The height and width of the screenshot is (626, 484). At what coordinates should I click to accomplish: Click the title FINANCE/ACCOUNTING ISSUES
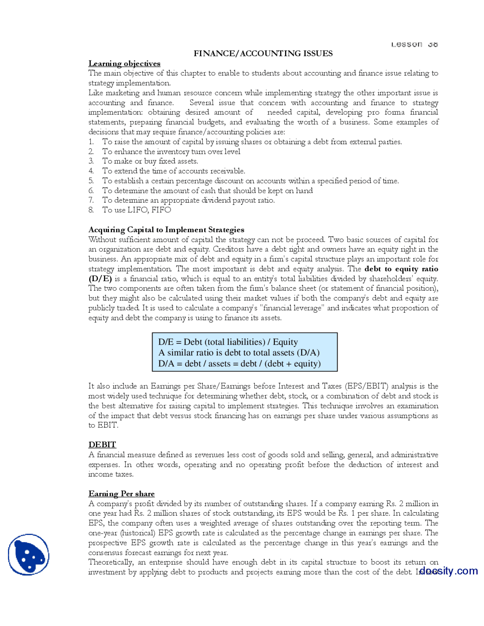pyautogui.click(x=263, y=53)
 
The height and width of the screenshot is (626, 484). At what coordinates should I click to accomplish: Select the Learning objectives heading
pyautogui.click(x=124, y=64)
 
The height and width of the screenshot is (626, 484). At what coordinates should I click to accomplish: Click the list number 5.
pyautogui.click(x=91, y=181)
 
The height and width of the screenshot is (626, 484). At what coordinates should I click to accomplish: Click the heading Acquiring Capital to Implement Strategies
pyautogui.click(x=166, y=230)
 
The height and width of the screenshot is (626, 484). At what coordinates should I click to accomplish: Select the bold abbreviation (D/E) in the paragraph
pyautogui.click(x=100, y=279)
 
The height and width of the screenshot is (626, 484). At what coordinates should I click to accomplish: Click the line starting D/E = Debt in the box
pyautogui.click(x=228, y=342)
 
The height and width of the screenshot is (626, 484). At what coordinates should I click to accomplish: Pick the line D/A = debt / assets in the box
pyautogui.click(x=239, y=364)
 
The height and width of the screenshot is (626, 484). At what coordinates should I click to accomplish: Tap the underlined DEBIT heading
pyautogui.click(x=102, y=445)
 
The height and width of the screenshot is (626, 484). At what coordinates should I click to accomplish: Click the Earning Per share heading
pyautogui.click(x=121, y=494)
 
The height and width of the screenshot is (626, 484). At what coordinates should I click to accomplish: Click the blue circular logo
pyautogui.click(x=29, y=555)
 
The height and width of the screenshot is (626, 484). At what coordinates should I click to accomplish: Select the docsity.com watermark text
pyautogui.click(x=448, y=570)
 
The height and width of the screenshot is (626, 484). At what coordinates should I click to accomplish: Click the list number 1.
pyautogui.click(x=91, y=142)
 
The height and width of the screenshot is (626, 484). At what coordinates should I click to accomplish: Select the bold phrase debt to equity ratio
pyautogui.click(x=401, y=269)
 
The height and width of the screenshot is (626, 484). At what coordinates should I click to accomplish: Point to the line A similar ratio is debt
pyautogui.click(x=239, y=353)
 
